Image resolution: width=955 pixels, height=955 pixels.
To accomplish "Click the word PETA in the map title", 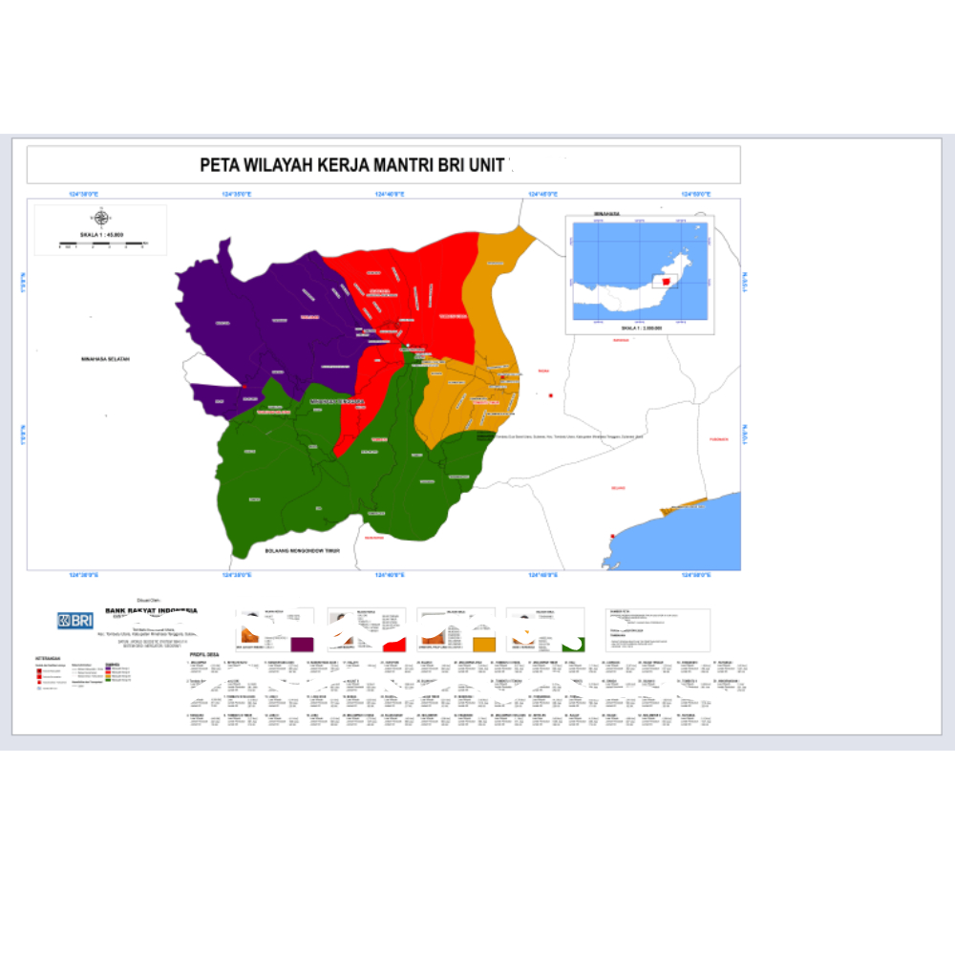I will click(x=218, y=164).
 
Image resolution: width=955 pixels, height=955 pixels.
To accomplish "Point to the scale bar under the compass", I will click(x=102, y=244).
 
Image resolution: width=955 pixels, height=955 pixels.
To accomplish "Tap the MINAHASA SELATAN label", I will click(x=105, y=359).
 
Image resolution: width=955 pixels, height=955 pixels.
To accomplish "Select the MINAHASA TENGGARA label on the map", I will click(x=338, y=402).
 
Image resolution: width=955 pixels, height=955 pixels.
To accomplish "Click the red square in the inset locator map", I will click(x=666, y=280).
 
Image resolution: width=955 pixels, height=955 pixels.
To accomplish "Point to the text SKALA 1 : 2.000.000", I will click(x=641, y=328).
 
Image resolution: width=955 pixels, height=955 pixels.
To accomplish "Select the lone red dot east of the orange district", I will click(x=551, y=395).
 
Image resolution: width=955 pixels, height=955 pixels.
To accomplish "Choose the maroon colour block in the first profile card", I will click(x=302, y=644).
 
